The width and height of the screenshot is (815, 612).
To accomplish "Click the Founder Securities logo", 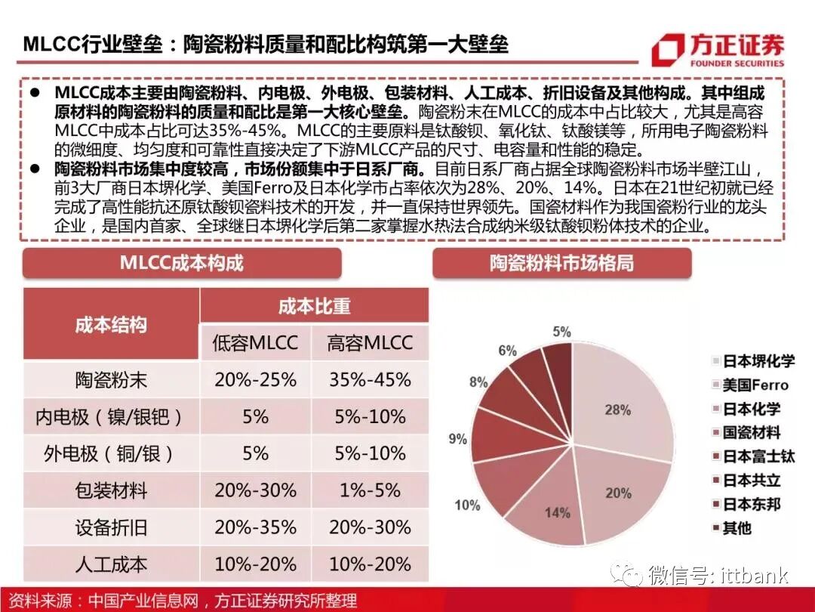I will pyautogui.click(x=717, y=50).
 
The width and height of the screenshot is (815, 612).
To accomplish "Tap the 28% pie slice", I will pyautogui.click(x=615, y=412).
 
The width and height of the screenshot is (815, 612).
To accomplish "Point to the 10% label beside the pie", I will pyautogui.click(x=467, y=505).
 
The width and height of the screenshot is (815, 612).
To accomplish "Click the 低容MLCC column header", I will pyautogui.click(x=255, y=342).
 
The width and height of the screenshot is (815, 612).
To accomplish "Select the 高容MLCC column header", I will pyautogui.click(x=370, y=342).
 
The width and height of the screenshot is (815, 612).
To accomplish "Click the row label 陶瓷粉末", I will pyautogui.click(x=111, y=380).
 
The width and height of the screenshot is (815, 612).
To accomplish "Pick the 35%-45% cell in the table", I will pyautogui.click(x=370, y=379).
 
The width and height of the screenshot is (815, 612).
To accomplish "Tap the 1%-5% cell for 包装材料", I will pyautogui.click(x=370, y=490).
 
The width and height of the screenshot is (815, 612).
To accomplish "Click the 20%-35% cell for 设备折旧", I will pyautogui.click(x=255, y=527).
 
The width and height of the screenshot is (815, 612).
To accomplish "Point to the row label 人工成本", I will pyautogui.click(x=111, y=564).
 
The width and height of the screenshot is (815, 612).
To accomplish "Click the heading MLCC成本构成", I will pyautogui.click(x=182, y=263).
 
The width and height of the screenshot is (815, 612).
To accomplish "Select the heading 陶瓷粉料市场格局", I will pyautogui.click(x=561, y=263).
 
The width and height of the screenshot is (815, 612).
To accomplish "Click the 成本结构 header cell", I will pyautogui.click(x=111, y=325).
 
